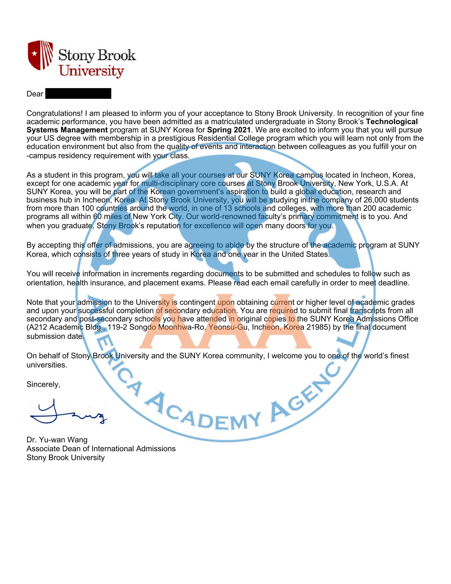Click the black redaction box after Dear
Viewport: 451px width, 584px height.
(x=78, y=94)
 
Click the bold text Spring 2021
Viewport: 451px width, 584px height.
(x=229, y=130)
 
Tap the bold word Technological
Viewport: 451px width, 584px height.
(x=392, y=122)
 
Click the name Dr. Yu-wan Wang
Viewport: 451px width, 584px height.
(x=57, y=439)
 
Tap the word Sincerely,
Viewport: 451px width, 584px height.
(x=43, y=384)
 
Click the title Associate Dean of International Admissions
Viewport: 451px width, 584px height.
(x=101, y=448)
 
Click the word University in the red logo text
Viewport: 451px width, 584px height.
(x=91, y=71)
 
